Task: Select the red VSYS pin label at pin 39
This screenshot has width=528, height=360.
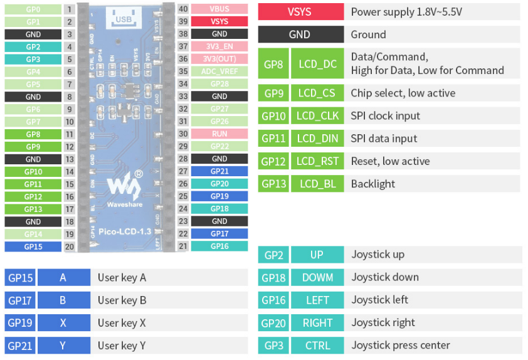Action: tap(219, 21)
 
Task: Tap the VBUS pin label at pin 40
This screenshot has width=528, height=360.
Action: tap(219, 9)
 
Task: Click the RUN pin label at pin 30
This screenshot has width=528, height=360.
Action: tap(219, 134)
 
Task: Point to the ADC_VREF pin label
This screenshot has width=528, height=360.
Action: tap(219, 71)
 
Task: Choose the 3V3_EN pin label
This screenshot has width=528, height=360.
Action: tap(219, 46)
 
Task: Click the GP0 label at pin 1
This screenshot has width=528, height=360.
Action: tap(33, 9)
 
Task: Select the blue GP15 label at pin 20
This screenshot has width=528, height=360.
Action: tap(33, 246)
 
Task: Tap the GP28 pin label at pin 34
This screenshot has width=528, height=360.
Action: tap(219, 83)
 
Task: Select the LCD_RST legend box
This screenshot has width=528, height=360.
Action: tap(318, 161)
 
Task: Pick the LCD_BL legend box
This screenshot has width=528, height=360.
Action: tap(318, 184)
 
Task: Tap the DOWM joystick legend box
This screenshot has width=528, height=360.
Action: tap(318, 277)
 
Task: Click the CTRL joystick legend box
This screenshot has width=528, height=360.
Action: tap(318, 345)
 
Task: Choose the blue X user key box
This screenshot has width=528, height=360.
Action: tap(63, 323)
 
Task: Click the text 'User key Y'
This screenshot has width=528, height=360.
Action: tap(122, 346)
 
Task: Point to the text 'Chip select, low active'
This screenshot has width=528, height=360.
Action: tap(403, 93)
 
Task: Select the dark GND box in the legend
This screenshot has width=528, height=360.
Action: tap(300, 34)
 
